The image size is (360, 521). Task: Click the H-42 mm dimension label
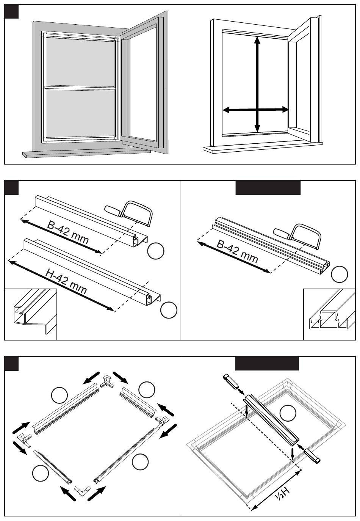click(66, 282)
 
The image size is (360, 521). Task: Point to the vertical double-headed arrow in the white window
click(257, 83)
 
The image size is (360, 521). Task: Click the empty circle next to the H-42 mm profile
click(169, 310)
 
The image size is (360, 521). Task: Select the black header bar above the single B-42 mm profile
click(268, 188)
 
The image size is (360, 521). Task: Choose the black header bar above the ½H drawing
click(267, 363)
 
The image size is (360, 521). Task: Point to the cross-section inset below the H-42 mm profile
click(30, 314)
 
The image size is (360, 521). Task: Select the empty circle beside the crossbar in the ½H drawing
click(288, 413)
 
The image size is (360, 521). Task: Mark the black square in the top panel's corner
click(11, 12)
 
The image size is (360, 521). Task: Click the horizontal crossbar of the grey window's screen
click(80, 88)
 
